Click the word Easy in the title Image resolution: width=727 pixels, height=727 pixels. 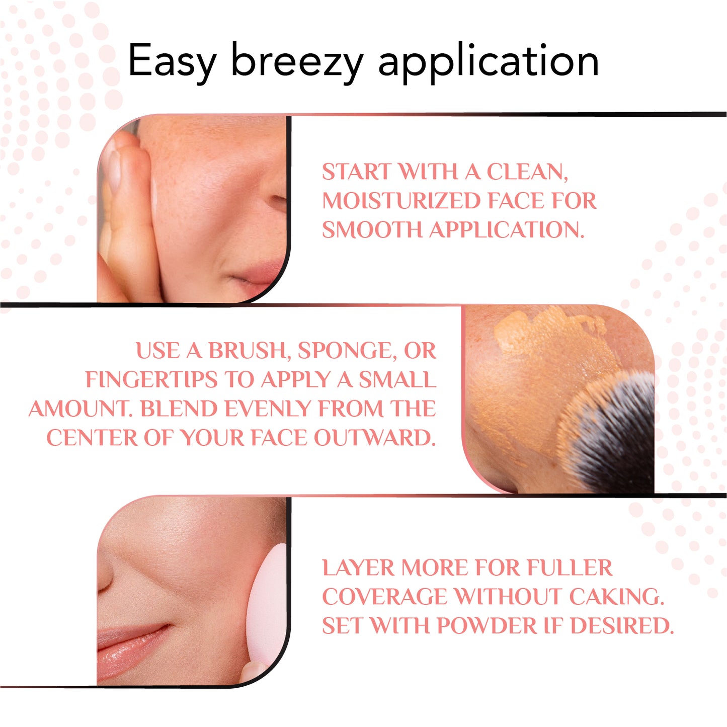point(172,61)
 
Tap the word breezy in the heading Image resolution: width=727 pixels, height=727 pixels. point(297,61)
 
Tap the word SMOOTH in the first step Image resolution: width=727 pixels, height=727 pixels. point(372,230)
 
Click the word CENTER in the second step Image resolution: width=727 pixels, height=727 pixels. point(92,438)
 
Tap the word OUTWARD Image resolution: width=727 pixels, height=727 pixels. point(375,438)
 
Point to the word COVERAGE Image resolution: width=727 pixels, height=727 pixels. point(384,597)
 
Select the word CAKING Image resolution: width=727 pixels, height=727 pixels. point(617,597)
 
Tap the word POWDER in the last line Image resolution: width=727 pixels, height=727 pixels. point(487,626)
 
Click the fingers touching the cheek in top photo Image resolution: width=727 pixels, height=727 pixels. point(126,201)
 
